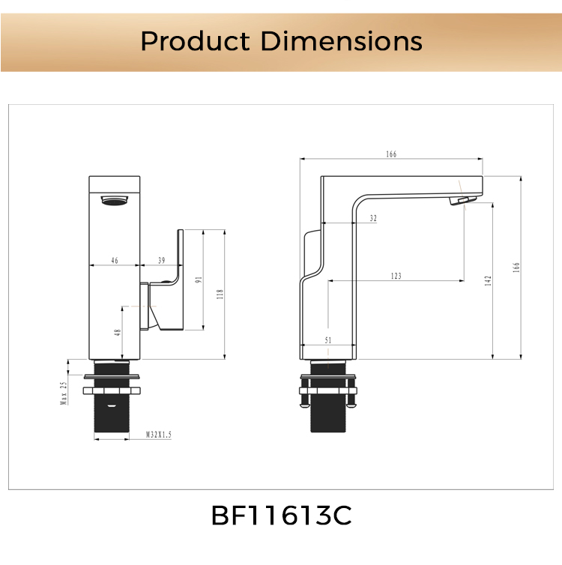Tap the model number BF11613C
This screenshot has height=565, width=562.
click(x=281, y=516)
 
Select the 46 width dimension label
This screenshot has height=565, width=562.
click(x=114, y=260)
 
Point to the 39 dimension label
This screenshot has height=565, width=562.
click(x=162, y=260)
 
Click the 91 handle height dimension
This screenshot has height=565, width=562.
click(x=198, y=280)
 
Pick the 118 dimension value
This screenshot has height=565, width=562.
click(x=220, y=294)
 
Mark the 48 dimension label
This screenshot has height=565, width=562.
click(x=118, y=332)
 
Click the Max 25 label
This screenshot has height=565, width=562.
click(x=64, y=393)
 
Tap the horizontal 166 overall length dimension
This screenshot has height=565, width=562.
click(x=391, y=154)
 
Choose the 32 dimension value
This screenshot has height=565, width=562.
click(x=373, y=219)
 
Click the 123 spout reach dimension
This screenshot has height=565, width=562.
click(x=396, y=276)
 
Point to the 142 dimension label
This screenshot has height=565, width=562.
click(x=487, y=280)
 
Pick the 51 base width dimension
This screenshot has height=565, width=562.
click(x=328, y=339)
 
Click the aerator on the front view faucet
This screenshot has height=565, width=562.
click(x=115, y=199)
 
